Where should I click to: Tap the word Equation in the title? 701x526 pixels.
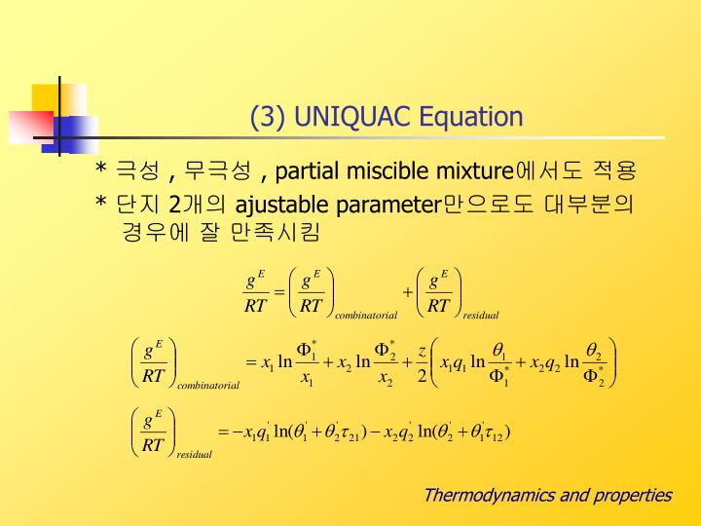point(471,117)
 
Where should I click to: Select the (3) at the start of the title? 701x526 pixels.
point(268,117)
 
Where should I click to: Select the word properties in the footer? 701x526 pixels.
point(633,496)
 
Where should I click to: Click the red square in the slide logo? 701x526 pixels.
point(31,127)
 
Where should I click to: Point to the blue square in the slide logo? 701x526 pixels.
point(70,134)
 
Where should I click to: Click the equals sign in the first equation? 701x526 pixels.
point(279,292)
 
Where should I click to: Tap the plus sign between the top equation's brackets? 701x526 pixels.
point(407,292)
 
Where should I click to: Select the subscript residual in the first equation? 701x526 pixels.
point(481,316)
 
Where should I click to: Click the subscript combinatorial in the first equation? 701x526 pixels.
point(366,316)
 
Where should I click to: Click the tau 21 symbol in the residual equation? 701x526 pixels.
point(350,433)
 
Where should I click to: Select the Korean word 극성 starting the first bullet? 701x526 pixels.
point(137,170)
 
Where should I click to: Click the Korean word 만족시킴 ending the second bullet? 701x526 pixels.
point(276,232)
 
